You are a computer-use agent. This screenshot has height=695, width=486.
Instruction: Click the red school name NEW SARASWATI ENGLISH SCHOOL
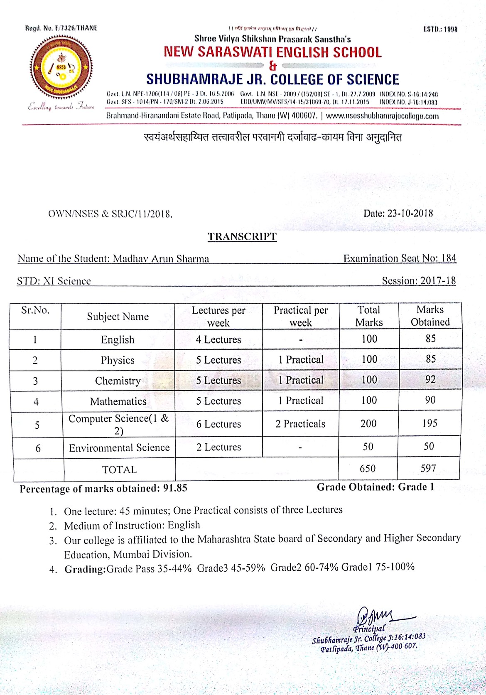272,52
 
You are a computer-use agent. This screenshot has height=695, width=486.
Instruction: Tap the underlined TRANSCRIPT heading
242,237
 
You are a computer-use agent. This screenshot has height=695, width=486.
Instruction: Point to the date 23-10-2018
410,214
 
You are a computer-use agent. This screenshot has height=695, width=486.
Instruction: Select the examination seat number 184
449,258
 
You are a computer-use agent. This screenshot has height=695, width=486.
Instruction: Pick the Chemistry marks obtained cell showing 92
430,379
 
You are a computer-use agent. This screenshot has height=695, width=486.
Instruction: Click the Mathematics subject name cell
118,401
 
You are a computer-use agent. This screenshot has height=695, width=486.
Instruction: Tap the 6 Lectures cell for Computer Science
218,424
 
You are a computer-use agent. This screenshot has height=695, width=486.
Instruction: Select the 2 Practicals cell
300,424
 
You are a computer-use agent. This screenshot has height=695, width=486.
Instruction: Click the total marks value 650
368,469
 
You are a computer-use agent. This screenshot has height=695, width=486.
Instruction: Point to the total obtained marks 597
428,469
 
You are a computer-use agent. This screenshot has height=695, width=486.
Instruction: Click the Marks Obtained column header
430,316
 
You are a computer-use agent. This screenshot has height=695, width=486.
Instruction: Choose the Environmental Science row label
119,448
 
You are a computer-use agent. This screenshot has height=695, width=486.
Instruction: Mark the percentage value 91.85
175,488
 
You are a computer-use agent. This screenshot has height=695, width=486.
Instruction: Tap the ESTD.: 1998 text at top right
440,29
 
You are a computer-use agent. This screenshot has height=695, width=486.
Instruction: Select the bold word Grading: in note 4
85,569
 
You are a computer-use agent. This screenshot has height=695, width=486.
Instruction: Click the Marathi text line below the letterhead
272,137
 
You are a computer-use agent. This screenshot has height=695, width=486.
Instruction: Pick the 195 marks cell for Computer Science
430,423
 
